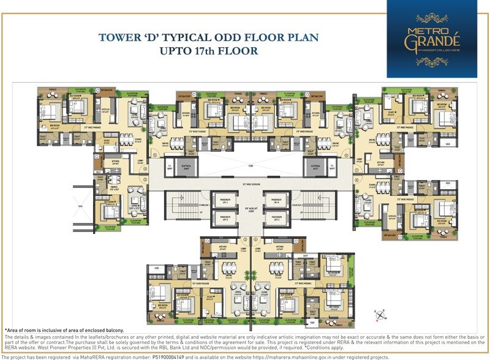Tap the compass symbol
pos(380,316)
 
